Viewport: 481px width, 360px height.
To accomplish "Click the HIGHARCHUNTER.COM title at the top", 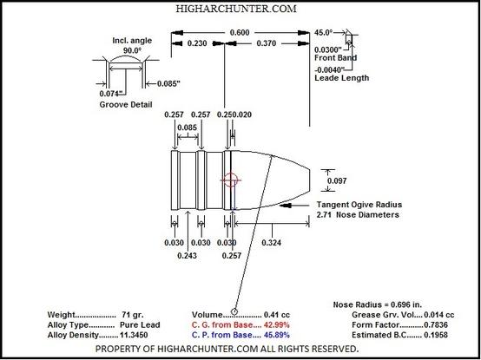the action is (x=236, y=9).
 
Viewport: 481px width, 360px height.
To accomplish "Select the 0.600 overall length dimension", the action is (x=240, y=33).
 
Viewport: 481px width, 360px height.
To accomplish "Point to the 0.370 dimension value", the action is (x=266, y=43).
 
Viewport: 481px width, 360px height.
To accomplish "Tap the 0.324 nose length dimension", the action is (x=272, y=243).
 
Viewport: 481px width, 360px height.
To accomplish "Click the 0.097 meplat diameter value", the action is (x=337, y=180).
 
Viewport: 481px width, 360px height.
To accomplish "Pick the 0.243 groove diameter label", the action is (x=188, y=255).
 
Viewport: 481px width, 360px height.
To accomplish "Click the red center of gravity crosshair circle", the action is (x=230, y=180).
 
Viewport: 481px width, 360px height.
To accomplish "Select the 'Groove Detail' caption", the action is (x=126, y=104).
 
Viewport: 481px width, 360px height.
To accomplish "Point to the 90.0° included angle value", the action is (x=132, y=50).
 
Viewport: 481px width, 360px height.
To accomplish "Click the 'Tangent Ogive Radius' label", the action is (x=359, y=205).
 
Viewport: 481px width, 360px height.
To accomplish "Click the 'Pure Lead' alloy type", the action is (x=141, y=324).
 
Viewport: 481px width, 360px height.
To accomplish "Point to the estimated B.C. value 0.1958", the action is (x=436, y=335).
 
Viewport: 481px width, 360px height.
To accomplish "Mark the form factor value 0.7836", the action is (x=436, y=324).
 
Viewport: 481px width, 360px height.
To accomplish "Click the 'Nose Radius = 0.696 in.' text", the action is (x=378, y=304).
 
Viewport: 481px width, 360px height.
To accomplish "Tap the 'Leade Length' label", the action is (x=342, y=78).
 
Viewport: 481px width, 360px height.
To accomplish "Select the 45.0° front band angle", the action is (x=324, y=32).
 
